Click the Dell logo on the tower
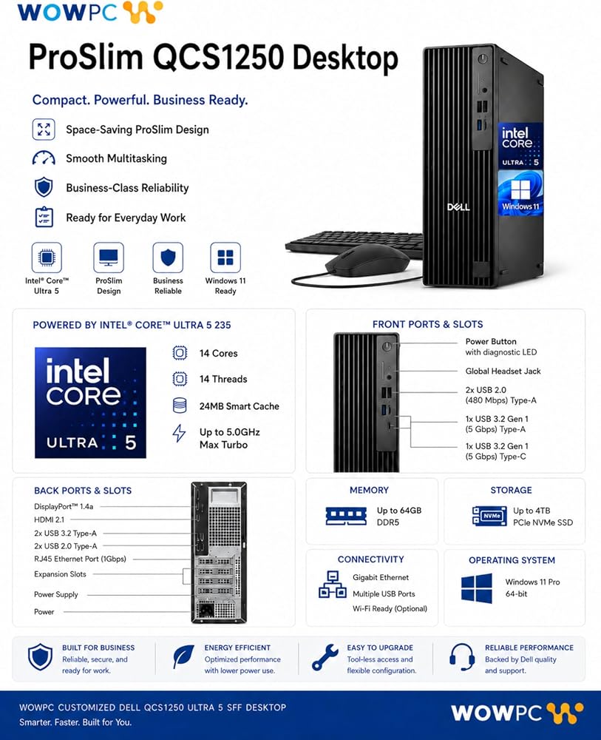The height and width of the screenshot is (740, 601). tap(458, 207)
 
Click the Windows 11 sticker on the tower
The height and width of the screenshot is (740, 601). tap(520, 193)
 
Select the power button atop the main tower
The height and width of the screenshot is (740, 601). tap(482, 59)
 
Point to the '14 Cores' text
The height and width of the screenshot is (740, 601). tap(218, 353)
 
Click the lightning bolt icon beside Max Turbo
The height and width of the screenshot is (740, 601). tap(179, 433)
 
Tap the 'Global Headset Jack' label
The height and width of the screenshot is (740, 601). tap(503, 371)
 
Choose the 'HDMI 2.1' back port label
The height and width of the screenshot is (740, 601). tap(49, 519)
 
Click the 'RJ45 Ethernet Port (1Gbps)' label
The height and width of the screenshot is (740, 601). tap(80, 559)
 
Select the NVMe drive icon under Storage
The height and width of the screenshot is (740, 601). tap(489, 516)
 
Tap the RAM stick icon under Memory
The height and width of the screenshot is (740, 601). tap(346, 516)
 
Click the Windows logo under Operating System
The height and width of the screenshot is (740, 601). tap(477, 588)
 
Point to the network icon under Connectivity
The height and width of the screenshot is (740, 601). tap(333, 585)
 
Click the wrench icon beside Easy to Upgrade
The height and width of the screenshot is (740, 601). tap(325, 657)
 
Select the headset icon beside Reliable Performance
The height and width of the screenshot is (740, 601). tap(462, 656)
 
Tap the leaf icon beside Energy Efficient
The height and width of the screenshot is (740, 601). tap(183, 657)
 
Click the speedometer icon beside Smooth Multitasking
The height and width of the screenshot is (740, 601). tap(44, 158)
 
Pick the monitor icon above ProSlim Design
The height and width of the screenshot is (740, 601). tap(109, 258)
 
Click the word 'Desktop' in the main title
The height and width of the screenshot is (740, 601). tap(345, 58)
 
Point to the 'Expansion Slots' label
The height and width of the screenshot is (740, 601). tap(60, 574)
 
